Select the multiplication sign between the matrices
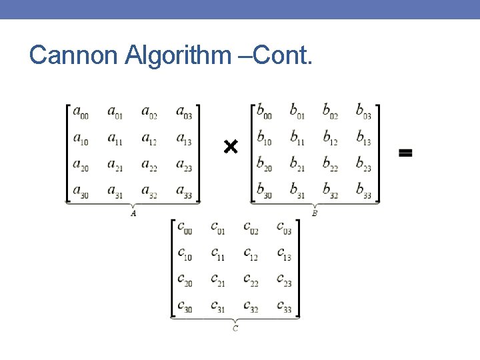[231, 146]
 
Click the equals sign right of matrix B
[405, 153]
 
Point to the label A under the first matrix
[133, 213]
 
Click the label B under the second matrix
[315, 213]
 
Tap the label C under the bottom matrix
[235, 328]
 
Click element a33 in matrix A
[185, 191]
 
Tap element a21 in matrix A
[115, 165]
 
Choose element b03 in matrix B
[363, 111]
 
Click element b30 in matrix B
[264, 191]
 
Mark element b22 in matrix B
[331, 164]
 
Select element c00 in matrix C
[184, 228]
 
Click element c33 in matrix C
[283, 306]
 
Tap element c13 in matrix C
[283, 254]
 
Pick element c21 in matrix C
[217, 280]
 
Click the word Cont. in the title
[283, 55]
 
